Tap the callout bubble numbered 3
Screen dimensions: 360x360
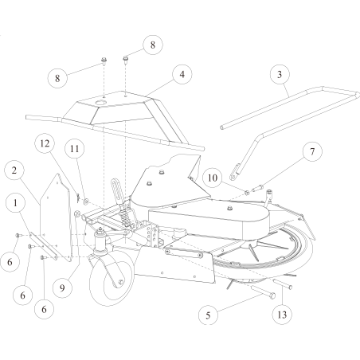click(x=278, y=74)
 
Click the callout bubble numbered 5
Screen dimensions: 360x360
click(x=209, y=315)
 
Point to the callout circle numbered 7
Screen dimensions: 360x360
click(x=311, y=151)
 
